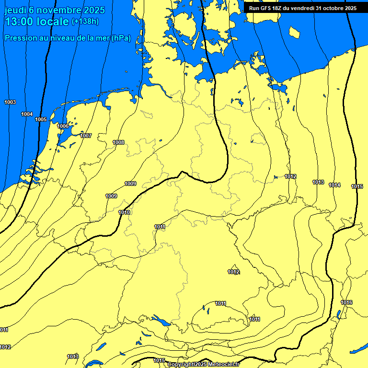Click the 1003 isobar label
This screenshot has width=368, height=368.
click(x=10, y=102)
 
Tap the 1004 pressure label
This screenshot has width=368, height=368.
click(x=27, y=114)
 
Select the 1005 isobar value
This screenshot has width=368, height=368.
click(x=41, y=119)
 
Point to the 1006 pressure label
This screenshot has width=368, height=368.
click(x=63, y=126)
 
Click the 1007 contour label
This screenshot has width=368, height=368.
click(x=86, y=136)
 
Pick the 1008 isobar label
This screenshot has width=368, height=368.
click(x=118, y=142)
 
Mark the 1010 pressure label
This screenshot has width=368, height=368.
click(x=124, y=212)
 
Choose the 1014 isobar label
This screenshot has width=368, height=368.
click(x=334, y=185)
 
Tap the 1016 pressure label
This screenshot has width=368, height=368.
click(x=346, y=302)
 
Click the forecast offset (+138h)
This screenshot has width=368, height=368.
click(x=85, y=22)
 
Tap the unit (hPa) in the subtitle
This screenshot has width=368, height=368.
click(x=121, y=38)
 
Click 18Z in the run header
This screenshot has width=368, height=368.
click(x=280, y=8)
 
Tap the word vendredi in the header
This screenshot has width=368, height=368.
click(x=308, y=8)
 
